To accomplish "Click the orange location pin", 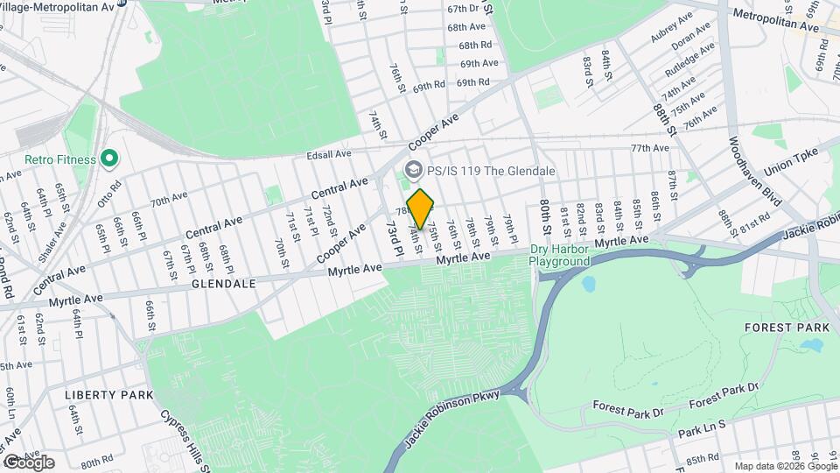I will point(420,208).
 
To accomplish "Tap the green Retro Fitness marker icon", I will point(109,159).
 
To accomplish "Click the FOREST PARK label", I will point(780,327).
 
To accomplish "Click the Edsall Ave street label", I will point(328,154).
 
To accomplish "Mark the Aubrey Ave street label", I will point(671,33).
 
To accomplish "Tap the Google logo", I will point(28,462).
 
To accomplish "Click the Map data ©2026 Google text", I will point(784,466).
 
